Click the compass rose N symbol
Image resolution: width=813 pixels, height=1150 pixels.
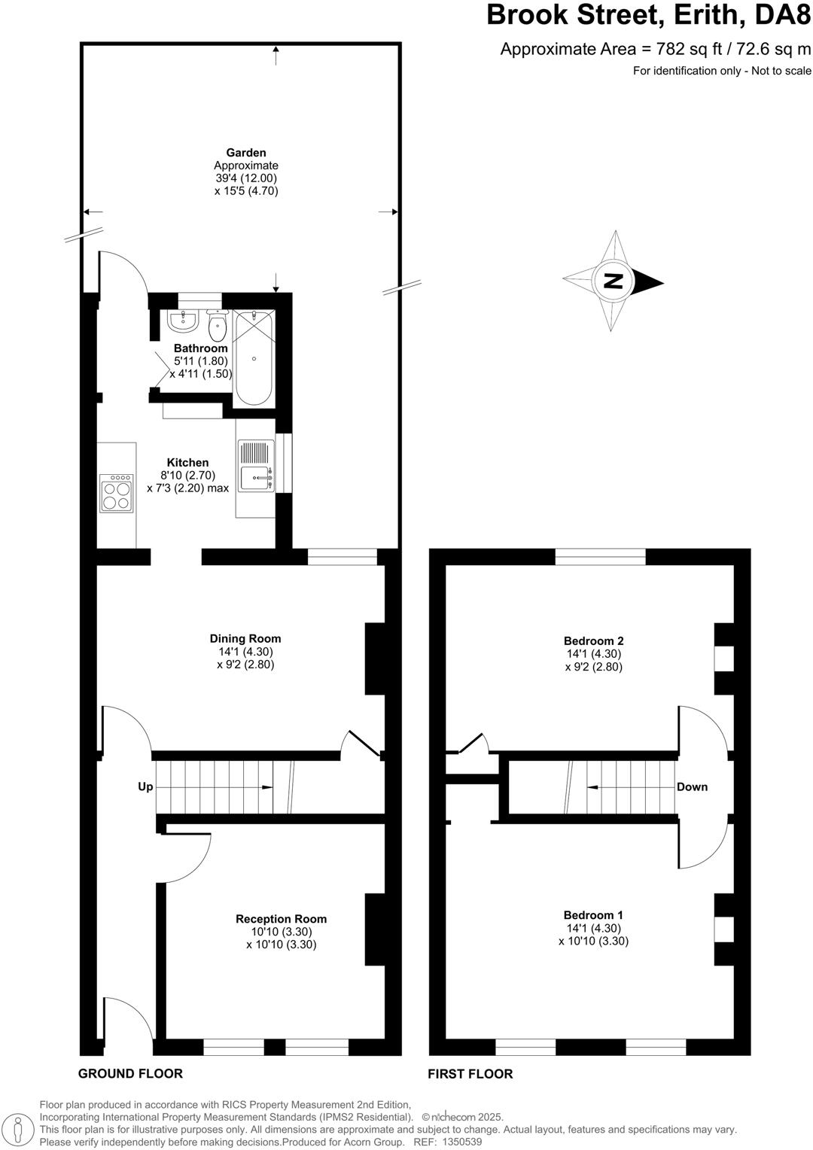coord(614,281)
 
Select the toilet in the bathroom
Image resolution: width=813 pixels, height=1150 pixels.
coord(218,325)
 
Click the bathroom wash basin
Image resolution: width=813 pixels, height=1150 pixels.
coord(182,321)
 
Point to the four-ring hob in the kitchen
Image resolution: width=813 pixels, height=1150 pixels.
coord(117,493)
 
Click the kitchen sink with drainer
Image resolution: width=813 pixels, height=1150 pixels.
coord(256,467)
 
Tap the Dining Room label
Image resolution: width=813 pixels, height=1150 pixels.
coord(245,638)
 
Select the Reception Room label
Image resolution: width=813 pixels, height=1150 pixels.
coord(281,918)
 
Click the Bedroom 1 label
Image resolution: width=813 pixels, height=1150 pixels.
coord(593,914)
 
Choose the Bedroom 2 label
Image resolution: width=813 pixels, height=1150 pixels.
coord(593,640)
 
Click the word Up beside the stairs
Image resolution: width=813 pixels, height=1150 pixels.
coord(145,786)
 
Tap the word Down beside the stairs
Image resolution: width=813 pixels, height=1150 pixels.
coord(692,786)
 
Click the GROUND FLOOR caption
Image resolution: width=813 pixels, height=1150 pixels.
coord(130,1073)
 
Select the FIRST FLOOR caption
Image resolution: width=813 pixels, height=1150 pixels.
coord(470,1074)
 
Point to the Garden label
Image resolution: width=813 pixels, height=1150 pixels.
coord(246,153)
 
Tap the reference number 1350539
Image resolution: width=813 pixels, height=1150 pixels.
coord(462,1142)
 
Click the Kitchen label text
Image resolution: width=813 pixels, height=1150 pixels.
coord(187,462)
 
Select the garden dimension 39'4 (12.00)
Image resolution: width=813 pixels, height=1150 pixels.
coord(246,178)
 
